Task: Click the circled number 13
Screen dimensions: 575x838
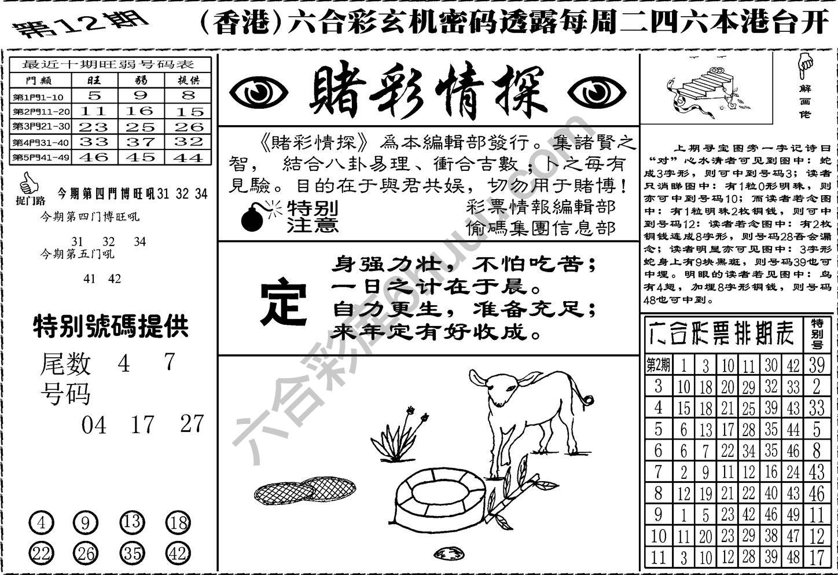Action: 132,523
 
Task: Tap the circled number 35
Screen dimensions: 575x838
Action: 132,553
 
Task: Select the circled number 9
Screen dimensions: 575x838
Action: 86,523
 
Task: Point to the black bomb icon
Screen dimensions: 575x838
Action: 252,217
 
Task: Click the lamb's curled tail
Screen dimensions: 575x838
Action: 588,399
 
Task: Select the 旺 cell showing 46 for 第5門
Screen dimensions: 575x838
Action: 94,157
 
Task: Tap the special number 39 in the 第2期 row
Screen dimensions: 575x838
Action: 817,365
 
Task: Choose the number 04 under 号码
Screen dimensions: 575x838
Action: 94,426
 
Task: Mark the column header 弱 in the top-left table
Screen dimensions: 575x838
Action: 141,80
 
